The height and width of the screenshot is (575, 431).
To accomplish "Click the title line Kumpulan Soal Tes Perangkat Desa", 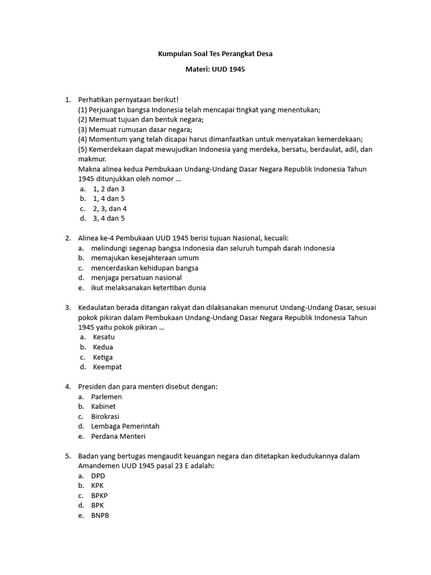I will (215, 54).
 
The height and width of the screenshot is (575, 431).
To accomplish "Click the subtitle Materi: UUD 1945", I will (215, 70).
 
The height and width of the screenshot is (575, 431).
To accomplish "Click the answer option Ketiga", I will (103, 357).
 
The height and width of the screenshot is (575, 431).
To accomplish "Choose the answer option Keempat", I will (107, 367).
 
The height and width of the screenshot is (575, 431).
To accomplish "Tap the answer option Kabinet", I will (103, 407).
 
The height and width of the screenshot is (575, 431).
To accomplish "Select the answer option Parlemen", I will (106, 397).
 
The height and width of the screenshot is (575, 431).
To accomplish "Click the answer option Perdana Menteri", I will (118, 436).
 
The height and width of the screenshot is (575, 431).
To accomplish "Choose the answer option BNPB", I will (99, 515).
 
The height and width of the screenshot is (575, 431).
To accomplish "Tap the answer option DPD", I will (98, 476).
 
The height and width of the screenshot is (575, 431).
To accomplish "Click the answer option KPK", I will (97, 486).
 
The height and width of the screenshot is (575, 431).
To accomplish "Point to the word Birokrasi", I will (105, 417).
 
